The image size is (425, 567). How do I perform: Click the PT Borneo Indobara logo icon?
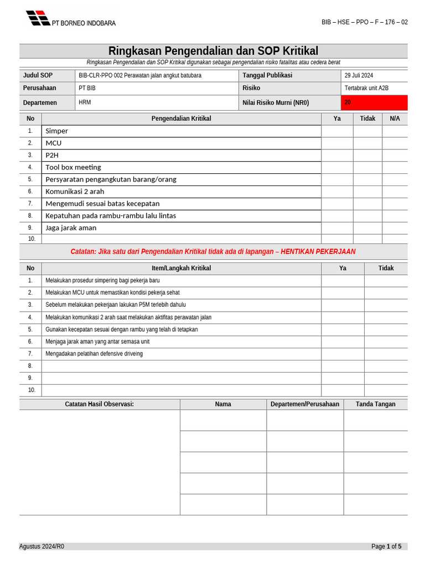(x=38, y=18)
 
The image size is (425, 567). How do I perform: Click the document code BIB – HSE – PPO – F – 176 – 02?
(x=364, y=22)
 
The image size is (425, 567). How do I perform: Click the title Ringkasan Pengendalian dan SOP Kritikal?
(x=213, y=51)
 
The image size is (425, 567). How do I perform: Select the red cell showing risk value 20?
(x=374, y=102)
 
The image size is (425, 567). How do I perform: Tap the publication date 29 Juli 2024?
(x=359, y=75)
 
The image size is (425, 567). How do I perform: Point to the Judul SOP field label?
(x=38, y=75)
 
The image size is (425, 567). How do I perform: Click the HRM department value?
(x=85, y=102)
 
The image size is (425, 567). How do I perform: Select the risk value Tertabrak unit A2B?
(x=366, y=88)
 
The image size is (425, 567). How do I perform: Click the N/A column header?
(x=395, y=118)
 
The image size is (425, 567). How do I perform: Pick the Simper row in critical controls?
(x=57, y=131)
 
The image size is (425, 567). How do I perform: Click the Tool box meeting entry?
(x=73, y=167)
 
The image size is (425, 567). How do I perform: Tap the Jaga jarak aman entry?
(x=71, y=228)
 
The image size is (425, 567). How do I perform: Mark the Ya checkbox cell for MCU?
(x=337, y=143)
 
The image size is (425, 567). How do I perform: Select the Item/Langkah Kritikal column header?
(x=181, y=268)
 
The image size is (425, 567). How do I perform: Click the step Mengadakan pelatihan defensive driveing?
(x=94, y=353)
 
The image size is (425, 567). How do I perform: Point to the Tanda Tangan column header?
(x=375, y=404)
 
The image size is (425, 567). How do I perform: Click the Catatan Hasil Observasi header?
(x=99, y=404)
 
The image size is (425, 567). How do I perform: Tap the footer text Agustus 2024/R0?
(x=42, y=547)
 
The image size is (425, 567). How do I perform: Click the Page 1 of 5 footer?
(x=386, y=547)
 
